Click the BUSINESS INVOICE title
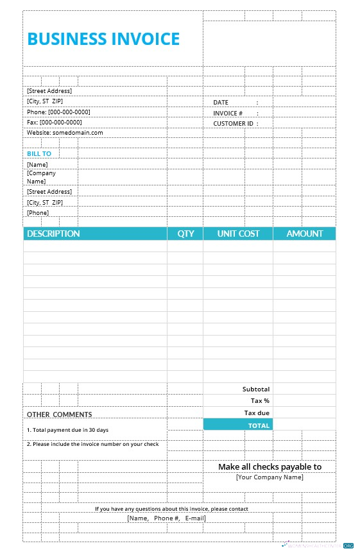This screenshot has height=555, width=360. tap(103, 39)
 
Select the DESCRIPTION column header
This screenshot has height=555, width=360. tap(53, 234)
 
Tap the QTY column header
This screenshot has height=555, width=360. tap(185, 234)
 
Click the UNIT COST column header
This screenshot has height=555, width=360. tap(238, 234)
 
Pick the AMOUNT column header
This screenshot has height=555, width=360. tap(304, 234)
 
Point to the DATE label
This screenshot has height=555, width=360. tap(221, 103)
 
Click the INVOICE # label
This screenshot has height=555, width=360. tap(228, 113)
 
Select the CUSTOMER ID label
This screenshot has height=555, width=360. tap(234, 123)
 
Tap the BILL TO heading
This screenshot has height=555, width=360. tap(39, 154)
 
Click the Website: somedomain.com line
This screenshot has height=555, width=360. tap(65, 133)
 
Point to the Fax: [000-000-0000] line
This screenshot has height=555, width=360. tap(55, 122)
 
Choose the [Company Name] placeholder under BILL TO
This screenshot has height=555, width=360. tap(41, 177)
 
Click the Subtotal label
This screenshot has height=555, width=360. tap(256, 389)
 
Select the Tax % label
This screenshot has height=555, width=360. tap(260, 400)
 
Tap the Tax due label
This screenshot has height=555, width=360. tap(257, 413)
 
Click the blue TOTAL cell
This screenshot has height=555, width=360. tap(238, 425)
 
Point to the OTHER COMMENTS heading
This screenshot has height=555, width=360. tap(59, 414)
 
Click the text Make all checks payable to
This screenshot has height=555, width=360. tap(270, 466)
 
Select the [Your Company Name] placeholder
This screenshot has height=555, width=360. tap(270, 477)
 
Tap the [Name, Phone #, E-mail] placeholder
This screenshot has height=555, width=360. tap(166, 518)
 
